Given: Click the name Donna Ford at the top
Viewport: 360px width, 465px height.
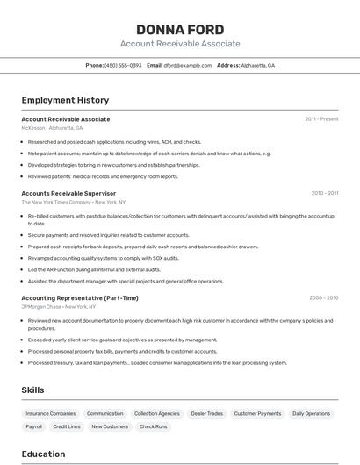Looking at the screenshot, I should [x=180, y=30].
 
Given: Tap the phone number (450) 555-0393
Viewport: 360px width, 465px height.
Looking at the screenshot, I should [x=123, y=66].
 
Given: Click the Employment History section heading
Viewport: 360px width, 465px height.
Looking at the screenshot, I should [x=65, y=100].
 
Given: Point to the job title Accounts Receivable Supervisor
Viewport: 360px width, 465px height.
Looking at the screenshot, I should [x=68, y=193].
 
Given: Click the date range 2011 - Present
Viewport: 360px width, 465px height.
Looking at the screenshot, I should [x=321, y=119].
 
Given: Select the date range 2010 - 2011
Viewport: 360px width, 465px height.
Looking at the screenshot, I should [x=324, y=193].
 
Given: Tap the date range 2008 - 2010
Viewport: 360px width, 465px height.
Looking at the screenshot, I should [x=323, y=298].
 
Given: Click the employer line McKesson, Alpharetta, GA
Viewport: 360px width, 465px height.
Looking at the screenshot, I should [x=52, y=128].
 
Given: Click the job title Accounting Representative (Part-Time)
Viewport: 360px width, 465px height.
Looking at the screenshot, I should [x=80, y=298].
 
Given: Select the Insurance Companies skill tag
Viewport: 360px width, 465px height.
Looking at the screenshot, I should [x=51, y=413].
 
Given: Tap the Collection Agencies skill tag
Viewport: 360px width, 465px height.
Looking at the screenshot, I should [x=157, y=413].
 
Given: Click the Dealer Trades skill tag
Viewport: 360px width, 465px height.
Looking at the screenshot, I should [x=207, y=413].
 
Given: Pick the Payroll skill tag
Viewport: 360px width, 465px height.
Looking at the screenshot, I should [x=34, y=426].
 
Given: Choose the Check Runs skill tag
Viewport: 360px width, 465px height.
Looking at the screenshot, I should [x=153, y=426].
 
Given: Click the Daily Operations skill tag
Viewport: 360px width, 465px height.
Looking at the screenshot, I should [x=311, y=413].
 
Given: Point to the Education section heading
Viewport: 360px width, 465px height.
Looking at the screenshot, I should [x=43, y=454].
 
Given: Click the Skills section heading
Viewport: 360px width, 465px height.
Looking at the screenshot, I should [x=32, y=390].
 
